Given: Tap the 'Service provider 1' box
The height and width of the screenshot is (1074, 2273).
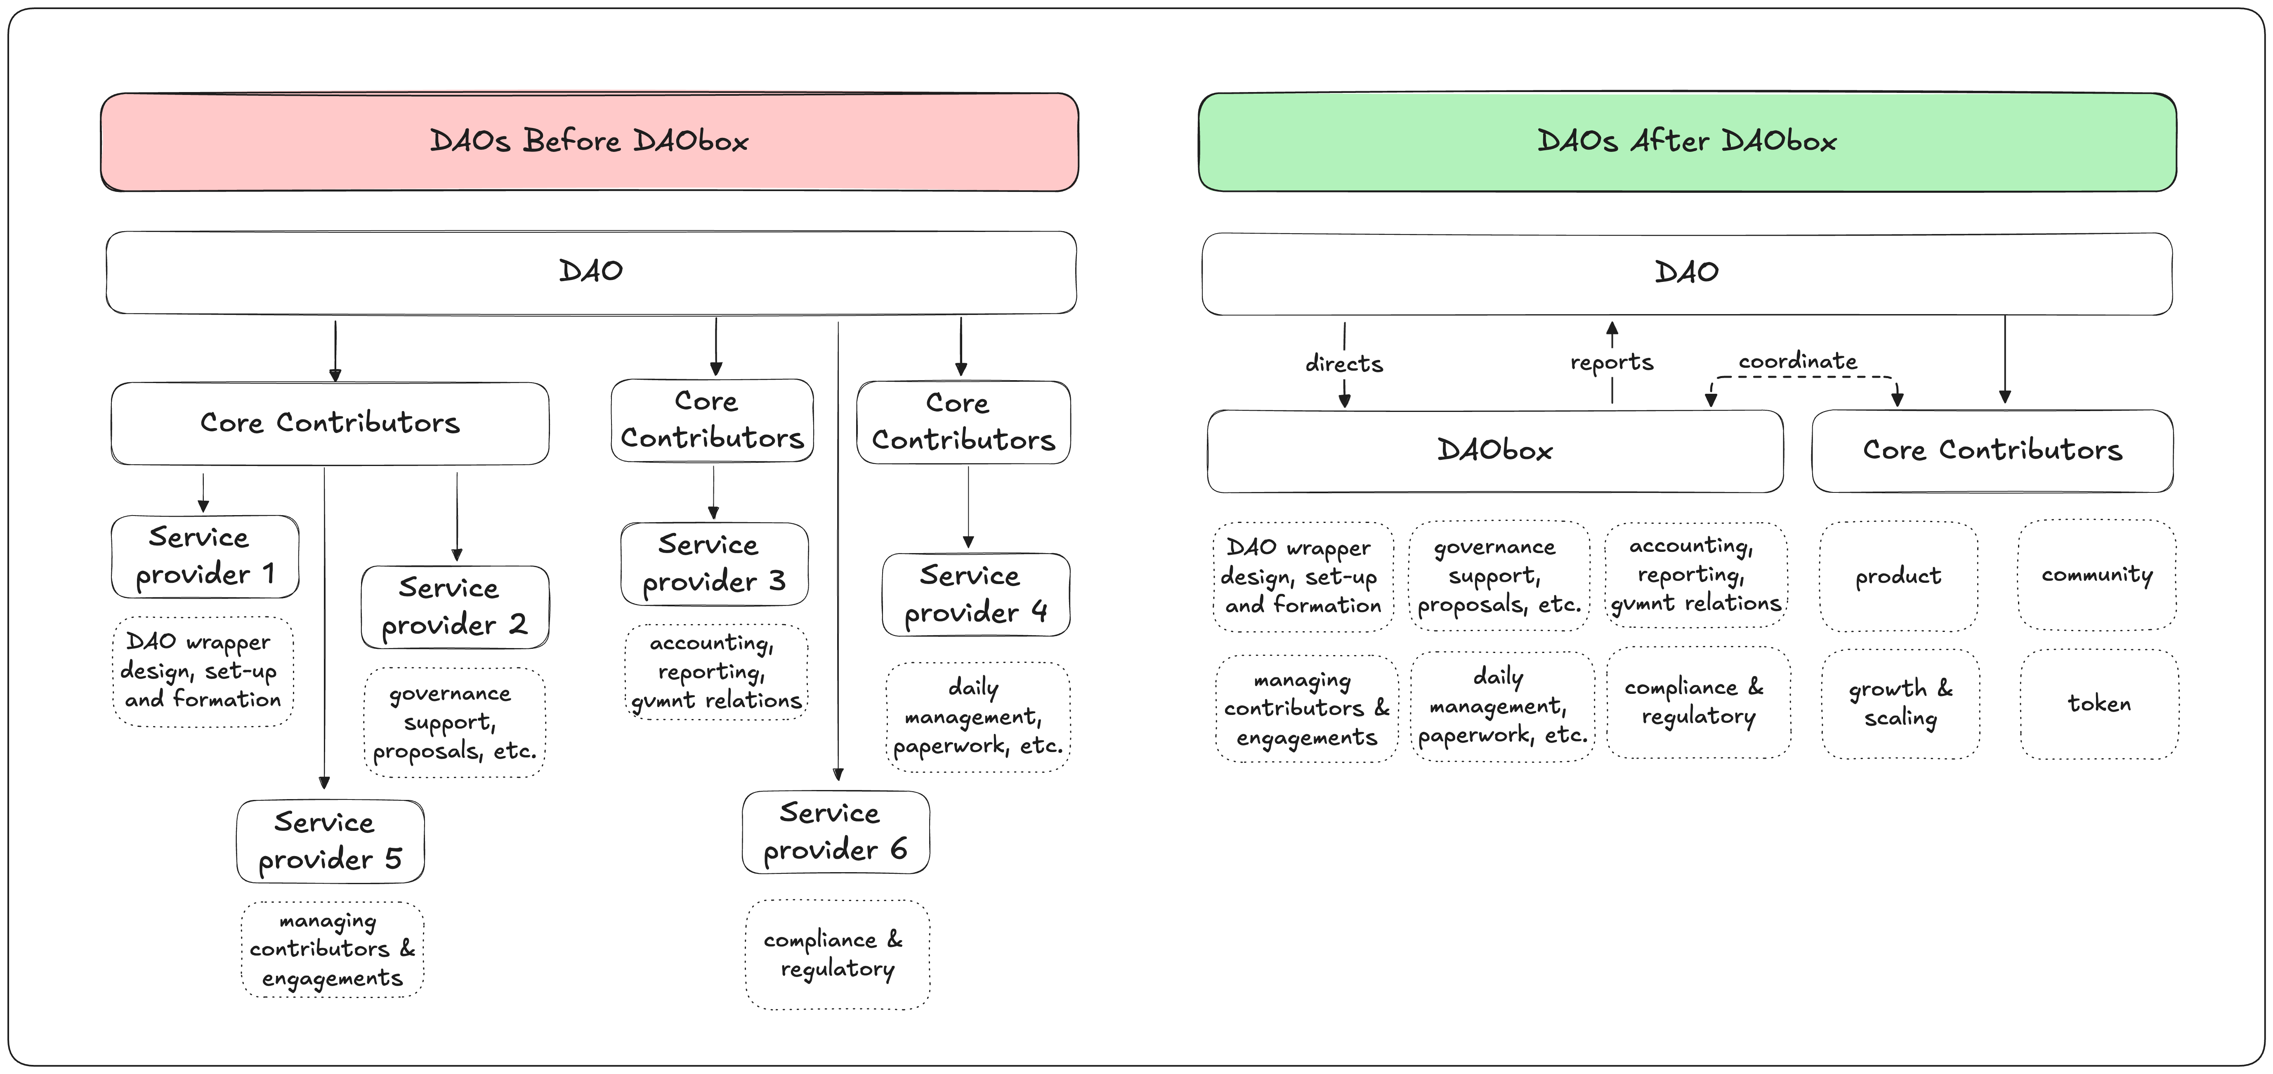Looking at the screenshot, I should pyautogui.click(x=205, y=556).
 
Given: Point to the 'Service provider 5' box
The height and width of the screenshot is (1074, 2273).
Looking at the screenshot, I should pyautogui.click(x=330, y=841).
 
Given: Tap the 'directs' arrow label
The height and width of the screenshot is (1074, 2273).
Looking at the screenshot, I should pyautogui.click(x=1344, y=364).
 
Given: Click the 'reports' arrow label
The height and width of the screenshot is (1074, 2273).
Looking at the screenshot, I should pyautogui.click(x=1611, y=362).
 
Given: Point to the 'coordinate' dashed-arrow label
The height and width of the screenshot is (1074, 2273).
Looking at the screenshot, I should pyautogui.click(x=1797, y=361).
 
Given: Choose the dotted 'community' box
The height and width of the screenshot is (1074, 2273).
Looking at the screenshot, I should pyautogui.click(x=2096, y=575).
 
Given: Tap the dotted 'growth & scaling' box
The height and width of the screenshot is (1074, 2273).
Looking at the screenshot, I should pyautogui.click(x=1901, y=703).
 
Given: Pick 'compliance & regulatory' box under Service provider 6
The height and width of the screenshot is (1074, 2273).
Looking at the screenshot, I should pyautogui.click(x=836, y=954).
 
